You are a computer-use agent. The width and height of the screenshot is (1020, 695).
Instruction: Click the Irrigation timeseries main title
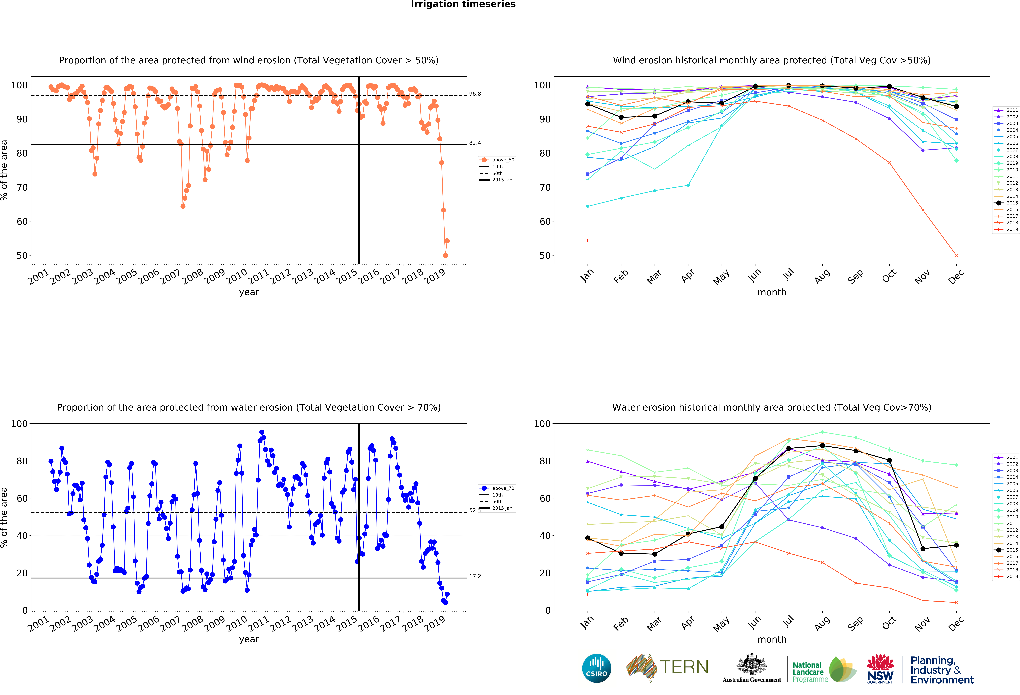(x=463, y=4)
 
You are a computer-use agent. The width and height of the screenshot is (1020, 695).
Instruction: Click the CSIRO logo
(x=596, y=668)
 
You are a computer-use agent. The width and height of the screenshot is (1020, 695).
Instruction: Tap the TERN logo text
(x=684, y=667)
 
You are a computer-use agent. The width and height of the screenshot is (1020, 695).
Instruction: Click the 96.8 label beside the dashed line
(x=475, y=94)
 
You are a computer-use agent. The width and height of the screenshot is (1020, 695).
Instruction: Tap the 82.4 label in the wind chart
(x=475, y=143)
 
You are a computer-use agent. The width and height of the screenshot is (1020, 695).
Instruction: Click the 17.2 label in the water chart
(x=475, y=576)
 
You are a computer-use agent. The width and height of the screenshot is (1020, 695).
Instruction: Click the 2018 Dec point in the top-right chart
(x=956, y=255)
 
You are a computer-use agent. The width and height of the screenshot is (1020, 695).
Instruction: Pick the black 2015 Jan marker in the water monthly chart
(x=588, y=538)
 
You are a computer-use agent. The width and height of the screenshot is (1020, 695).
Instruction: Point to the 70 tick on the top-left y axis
(x=22, y=187)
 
